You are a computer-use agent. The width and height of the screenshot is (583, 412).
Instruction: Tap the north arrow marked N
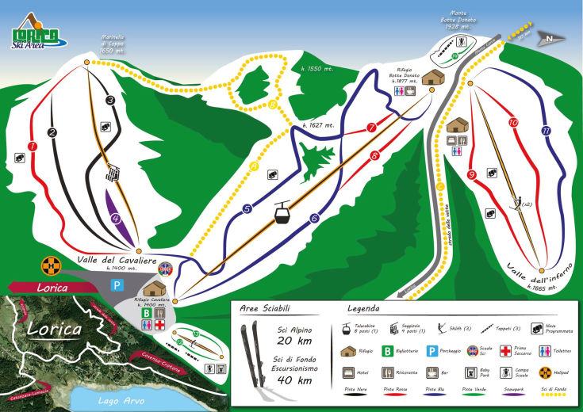(x=549, y=36)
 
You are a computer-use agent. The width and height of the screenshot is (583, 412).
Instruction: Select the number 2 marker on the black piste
(x=52, y=133)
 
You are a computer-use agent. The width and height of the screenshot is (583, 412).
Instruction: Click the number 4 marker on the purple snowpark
(x=116, y=219)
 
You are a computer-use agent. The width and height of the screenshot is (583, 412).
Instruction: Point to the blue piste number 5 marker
(x=247, y=209)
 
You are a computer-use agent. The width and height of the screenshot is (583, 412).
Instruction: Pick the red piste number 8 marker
(x=373, y=156)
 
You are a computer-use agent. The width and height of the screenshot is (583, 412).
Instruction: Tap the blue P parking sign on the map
(x=117, y=283)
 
